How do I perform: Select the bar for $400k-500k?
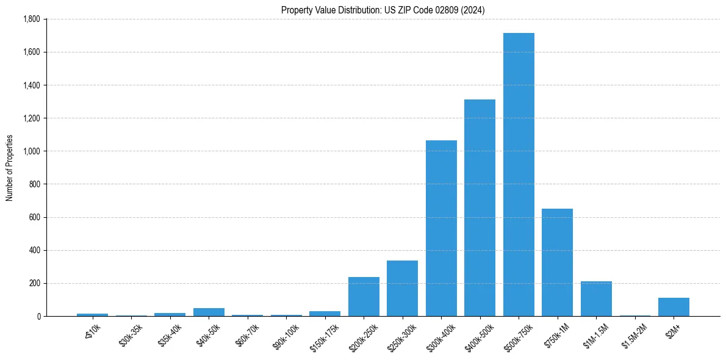point(480,208)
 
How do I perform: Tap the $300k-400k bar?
point(441,228)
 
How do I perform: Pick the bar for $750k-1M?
point(557,262)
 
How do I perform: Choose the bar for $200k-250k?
point(364,297)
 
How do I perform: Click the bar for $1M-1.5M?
point(596,299)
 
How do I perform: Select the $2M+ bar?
point(674,307)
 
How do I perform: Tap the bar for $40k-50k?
point(209,312)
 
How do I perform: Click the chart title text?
point(383,10)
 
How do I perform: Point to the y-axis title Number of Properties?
point(9,168)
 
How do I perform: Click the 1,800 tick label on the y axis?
point(31,19)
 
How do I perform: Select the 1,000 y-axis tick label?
point(31,151)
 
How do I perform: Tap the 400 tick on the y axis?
point(35,250)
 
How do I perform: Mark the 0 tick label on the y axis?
point(38,316)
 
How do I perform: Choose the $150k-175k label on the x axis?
point(323,333)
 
